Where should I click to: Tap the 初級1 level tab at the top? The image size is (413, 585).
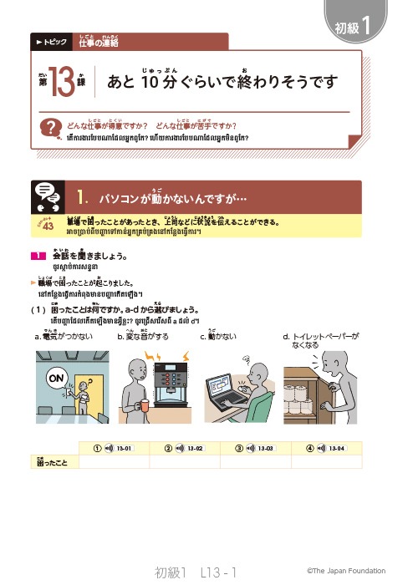click(359, 25)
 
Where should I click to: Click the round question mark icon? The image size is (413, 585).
click(54, 128)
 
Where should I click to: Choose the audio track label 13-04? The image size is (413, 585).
click(339, 448)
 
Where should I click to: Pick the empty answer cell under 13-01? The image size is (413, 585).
click(115, 460)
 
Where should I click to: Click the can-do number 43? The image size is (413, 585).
click(48, 225)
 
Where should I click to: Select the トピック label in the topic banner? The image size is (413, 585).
click(49, 41)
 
